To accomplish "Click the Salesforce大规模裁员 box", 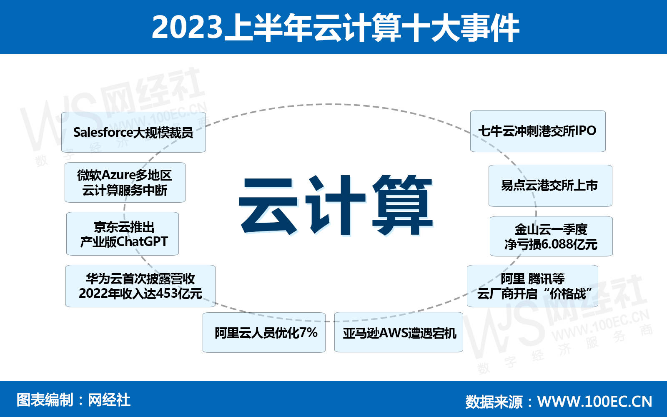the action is point(133,132).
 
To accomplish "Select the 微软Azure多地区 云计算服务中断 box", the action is point(125,182).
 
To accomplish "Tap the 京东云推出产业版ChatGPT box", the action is point(123,234).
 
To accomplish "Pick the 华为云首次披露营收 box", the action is point(140,286).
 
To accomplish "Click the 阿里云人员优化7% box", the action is point(264,332).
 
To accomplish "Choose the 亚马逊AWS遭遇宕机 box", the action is point(399,332).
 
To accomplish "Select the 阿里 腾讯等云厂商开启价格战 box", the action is point(532,286).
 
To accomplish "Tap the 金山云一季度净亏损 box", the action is point(551,236).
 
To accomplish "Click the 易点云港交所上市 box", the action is point(550,186).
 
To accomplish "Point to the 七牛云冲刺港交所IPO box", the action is point(538,131).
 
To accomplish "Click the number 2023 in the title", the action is point(187,27).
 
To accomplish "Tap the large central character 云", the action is point(268,206).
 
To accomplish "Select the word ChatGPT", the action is point(142,241).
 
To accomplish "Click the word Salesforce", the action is point(103,132).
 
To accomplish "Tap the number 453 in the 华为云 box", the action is point(167,294).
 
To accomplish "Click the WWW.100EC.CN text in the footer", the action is point(594,402).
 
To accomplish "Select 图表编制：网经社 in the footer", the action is point(73,400).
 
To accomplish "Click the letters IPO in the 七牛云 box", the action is point(585,131).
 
